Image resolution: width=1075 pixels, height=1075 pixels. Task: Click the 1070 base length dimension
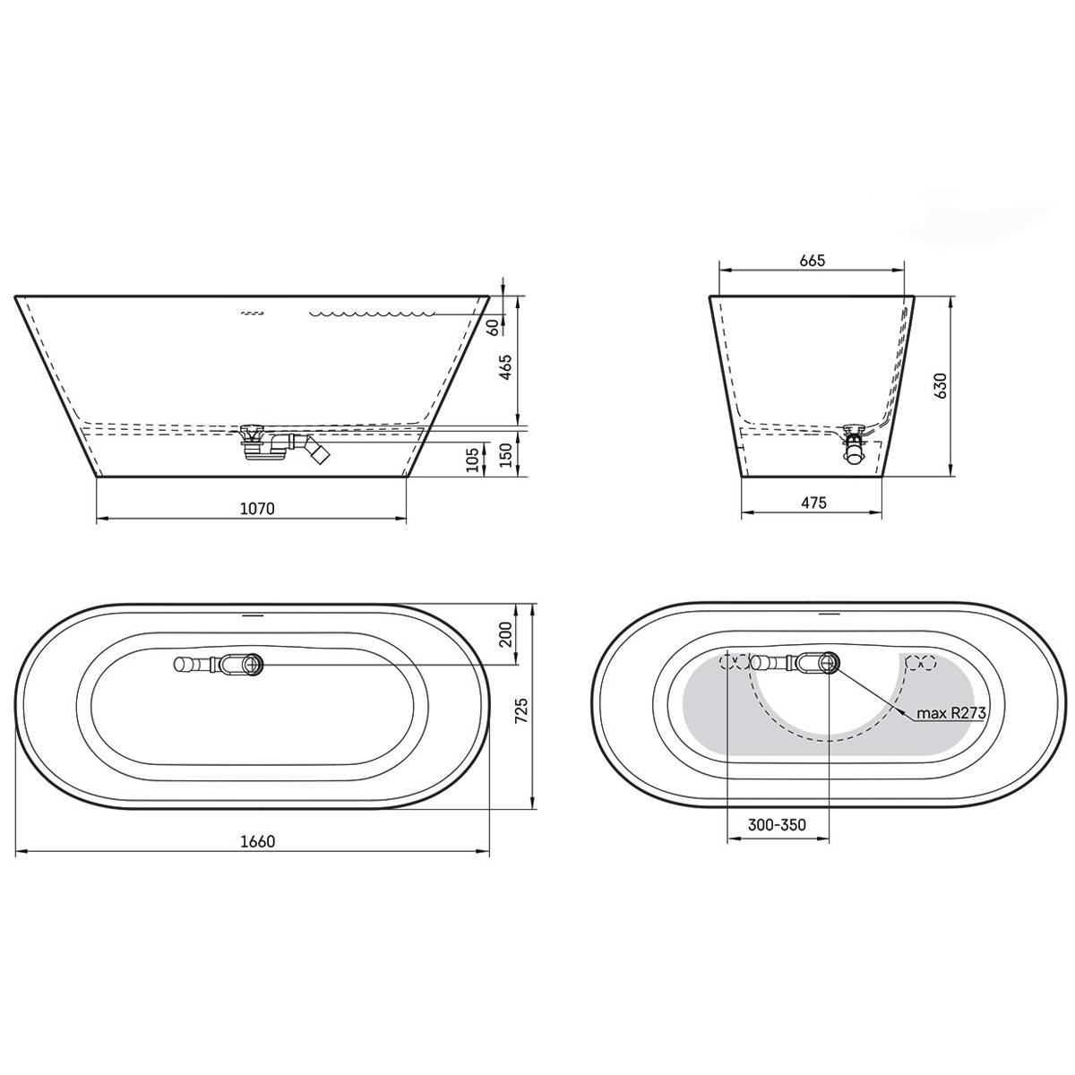click(x=257, y=509)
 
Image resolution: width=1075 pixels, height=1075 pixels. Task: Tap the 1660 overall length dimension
click(x=258, y=841)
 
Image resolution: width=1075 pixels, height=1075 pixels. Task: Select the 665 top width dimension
click(x=812, y=261)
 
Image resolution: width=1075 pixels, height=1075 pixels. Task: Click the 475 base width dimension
click(x=813, y=503)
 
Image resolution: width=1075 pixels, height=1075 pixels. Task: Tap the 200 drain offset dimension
click(x=506, y=634)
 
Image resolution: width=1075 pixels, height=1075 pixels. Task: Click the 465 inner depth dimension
click(x=505, y=367)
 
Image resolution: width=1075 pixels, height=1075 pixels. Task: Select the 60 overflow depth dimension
click(x=493, y=328)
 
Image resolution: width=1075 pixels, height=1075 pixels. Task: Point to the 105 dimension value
click(x=472, y=460)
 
